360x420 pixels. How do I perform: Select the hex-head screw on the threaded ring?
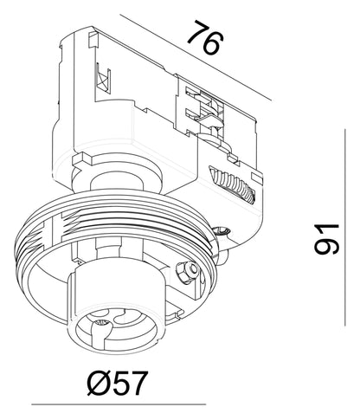188,270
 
